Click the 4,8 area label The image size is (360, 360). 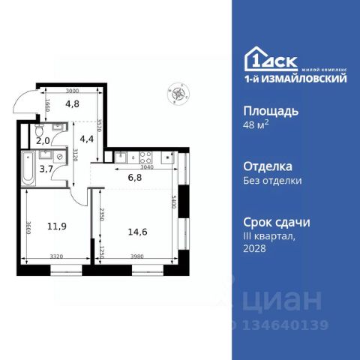(72, 105)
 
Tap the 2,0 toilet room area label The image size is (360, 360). (43, 140)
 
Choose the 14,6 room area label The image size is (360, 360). (139, 232)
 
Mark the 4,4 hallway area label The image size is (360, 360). (87, 138)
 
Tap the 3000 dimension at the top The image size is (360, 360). (71, 89)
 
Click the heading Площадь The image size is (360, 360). (271, 111)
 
